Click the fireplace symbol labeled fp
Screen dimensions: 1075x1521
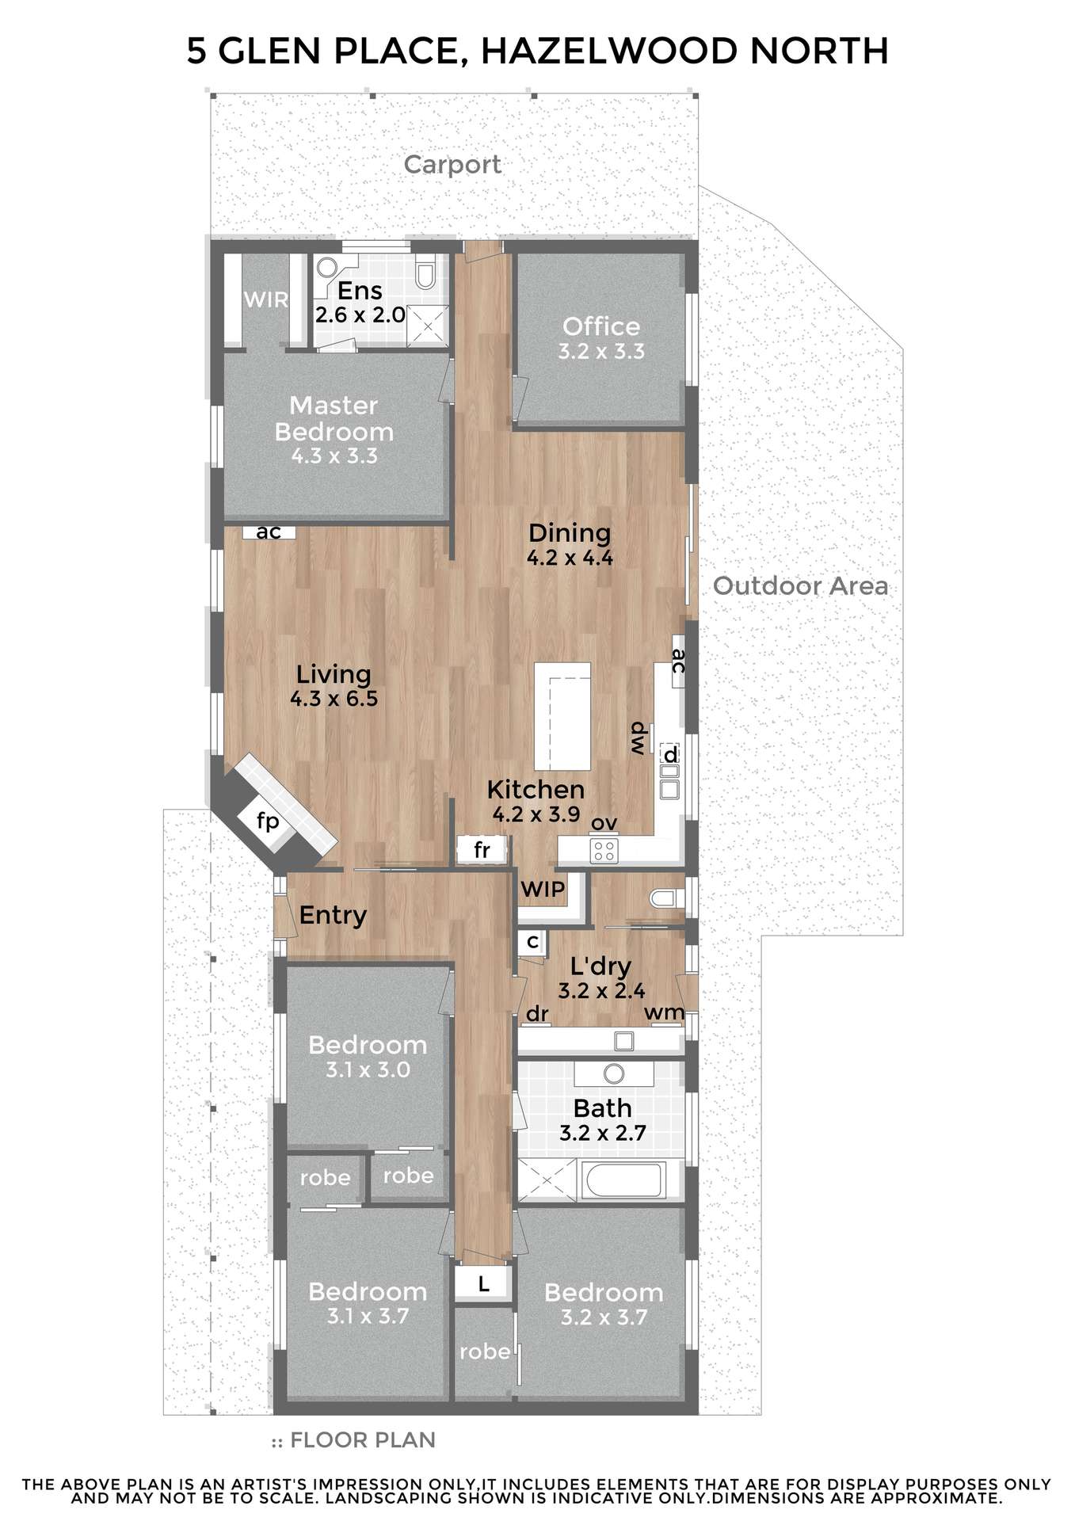tap(269, 821)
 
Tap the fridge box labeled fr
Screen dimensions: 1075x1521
tap(482, 850)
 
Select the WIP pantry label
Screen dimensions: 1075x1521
tap(543, 889)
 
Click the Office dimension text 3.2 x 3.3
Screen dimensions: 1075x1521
tap(601, 352)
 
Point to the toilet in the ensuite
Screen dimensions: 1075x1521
tap(425, 273)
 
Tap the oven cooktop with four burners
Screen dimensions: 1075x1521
tap(604, 850)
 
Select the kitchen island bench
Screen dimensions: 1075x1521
tap(562, 716)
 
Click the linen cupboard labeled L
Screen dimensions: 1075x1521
tap(483, 1283)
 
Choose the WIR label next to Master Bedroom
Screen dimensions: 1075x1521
tap(265, 299)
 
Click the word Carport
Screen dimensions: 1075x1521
tap(452, 164)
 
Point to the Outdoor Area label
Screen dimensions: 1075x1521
tap(800, 585)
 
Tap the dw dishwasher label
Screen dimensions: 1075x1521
tap(638, 739)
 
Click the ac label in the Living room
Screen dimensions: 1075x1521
tap(269, 532)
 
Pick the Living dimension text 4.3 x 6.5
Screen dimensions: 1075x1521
tap(334, 699)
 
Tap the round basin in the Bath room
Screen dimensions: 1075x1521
tap(614, 1074)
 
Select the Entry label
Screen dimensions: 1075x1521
tap(333, 916)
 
